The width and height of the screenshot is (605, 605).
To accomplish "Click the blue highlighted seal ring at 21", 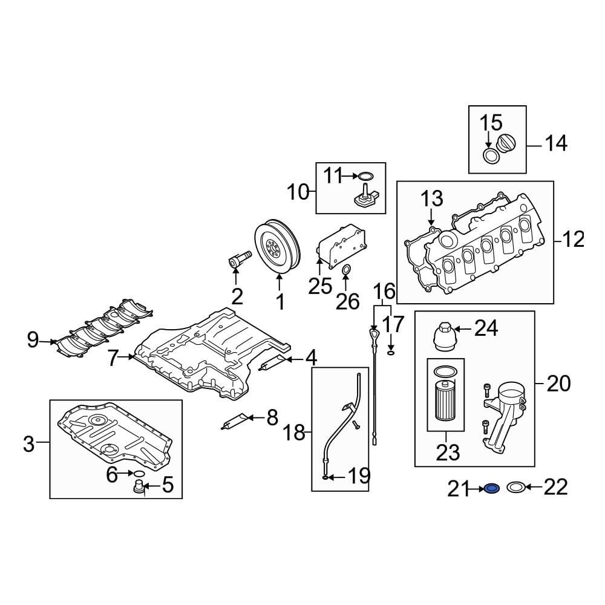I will tap(491, 488).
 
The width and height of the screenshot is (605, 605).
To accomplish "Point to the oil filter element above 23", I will tap(446, 399).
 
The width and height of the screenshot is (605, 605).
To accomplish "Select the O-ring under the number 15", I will tap(491, 156).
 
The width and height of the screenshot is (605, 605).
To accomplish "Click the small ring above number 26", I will tap(347, 269).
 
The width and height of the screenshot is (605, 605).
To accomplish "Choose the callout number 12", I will tap(572, 240).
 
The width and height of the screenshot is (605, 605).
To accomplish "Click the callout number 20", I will tap(558, 384).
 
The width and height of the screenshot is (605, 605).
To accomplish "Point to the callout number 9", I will tap(33, 341).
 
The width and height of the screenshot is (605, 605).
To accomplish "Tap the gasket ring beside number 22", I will tap(515, 488).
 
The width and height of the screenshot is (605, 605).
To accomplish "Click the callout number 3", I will tap(29, 445).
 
